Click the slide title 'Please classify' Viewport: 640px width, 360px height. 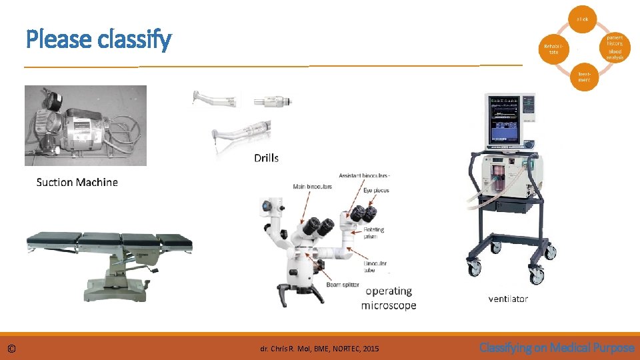tap(99, 40)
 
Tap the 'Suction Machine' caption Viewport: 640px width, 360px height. tap(77, 182)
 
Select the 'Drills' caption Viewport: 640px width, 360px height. tap(266, 158)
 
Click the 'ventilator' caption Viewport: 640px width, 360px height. tap(507, 299)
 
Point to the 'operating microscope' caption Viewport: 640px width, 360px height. tap(389, 298)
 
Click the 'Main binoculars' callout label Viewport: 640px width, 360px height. tap(312, 187)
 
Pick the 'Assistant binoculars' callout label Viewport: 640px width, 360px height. tap(364, 175)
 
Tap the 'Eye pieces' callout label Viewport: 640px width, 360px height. tap(376, 191)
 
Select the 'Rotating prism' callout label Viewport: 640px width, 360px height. tap(374, 233)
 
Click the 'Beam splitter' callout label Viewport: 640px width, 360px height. tap(343, 285)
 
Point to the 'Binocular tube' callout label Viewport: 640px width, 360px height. tap(375, 267)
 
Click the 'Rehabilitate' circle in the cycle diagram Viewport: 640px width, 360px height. tap(554, 49)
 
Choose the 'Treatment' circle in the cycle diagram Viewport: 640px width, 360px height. tap(584, 77)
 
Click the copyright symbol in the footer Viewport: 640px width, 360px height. tap(11, 349)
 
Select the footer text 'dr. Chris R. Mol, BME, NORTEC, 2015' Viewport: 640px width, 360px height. tap(319, 349)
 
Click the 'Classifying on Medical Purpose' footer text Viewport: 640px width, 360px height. tap(557, 347)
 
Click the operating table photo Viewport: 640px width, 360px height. tap(109, 263)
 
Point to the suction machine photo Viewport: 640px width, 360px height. tap(85, 126)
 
